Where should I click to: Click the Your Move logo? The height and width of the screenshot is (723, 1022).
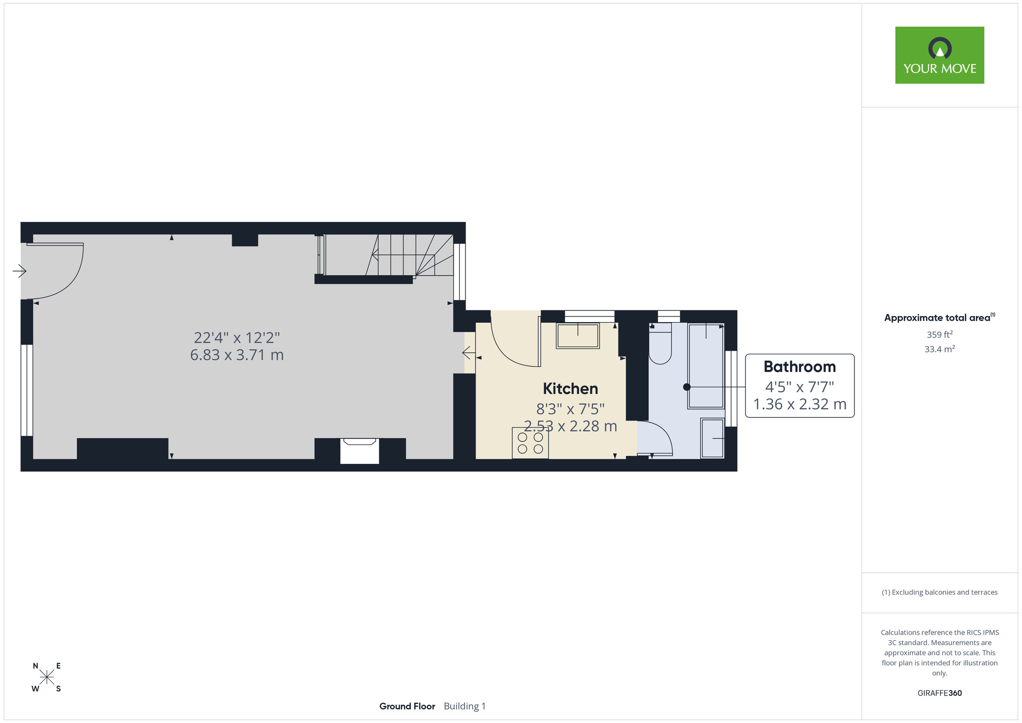tap(939, 55)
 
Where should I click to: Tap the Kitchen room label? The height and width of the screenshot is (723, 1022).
tap(570, 389)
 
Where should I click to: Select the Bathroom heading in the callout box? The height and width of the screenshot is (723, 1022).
tap(800, 367)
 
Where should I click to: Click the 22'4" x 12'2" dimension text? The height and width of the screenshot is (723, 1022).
tap(237, 337)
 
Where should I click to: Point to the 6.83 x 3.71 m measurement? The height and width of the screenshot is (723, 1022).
tap(237, 354)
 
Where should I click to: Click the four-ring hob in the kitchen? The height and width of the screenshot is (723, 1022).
tap(530, 443)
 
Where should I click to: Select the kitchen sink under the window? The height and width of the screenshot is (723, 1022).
tap(578, 335)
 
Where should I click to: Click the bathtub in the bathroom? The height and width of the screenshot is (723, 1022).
tap(706, 366)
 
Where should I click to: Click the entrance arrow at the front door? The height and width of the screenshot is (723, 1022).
tap(19, 270)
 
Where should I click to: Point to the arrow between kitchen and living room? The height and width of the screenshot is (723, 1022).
tap(469, 353)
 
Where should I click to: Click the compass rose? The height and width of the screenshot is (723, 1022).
tap(47, 677)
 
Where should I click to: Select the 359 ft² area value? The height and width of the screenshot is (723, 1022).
tap(940, 334)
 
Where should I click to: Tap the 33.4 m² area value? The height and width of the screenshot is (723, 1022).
tap(940, 349)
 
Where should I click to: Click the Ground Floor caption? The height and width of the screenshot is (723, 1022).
tap(407, 706)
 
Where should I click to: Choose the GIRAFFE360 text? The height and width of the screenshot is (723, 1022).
tap(940, 693)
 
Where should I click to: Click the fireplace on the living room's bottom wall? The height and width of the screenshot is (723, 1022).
tap(360, 450)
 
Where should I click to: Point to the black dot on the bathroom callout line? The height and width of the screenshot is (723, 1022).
tap(687, 387)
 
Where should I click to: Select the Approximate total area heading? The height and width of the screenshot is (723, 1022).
tap(940, 318)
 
